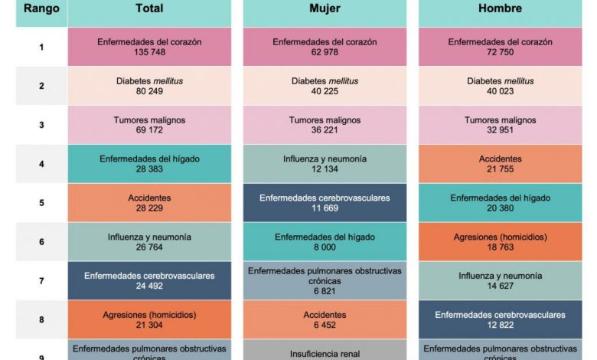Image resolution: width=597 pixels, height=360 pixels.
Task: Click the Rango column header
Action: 41,8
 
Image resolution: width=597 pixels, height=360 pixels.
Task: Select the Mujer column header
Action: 325,8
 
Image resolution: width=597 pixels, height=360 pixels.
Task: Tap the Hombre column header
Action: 500,8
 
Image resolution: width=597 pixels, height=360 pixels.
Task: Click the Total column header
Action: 149,8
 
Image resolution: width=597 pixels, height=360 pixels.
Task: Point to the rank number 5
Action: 41,203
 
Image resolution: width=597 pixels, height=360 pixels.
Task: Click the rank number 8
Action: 41,320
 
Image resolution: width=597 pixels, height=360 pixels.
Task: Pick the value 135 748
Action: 149,53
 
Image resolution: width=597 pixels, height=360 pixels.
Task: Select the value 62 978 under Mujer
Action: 325,53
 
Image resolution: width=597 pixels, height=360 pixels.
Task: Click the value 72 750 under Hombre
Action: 500,53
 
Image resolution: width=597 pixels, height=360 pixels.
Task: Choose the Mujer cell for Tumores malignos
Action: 325,125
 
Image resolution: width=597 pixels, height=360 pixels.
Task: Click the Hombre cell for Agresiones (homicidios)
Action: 500,242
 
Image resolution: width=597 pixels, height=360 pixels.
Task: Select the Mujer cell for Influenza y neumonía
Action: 325,164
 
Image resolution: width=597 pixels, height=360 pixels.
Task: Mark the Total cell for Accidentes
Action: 149,203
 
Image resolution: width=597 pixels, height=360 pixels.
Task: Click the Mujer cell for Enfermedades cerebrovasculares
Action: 325,203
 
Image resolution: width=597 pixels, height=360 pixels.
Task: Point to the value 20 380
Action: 500,208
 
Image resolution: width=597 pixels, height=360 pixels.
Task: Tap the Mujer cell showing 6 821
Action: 325,280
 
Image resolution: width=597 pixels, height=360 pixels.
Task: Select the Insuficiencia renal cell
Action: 325,354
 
